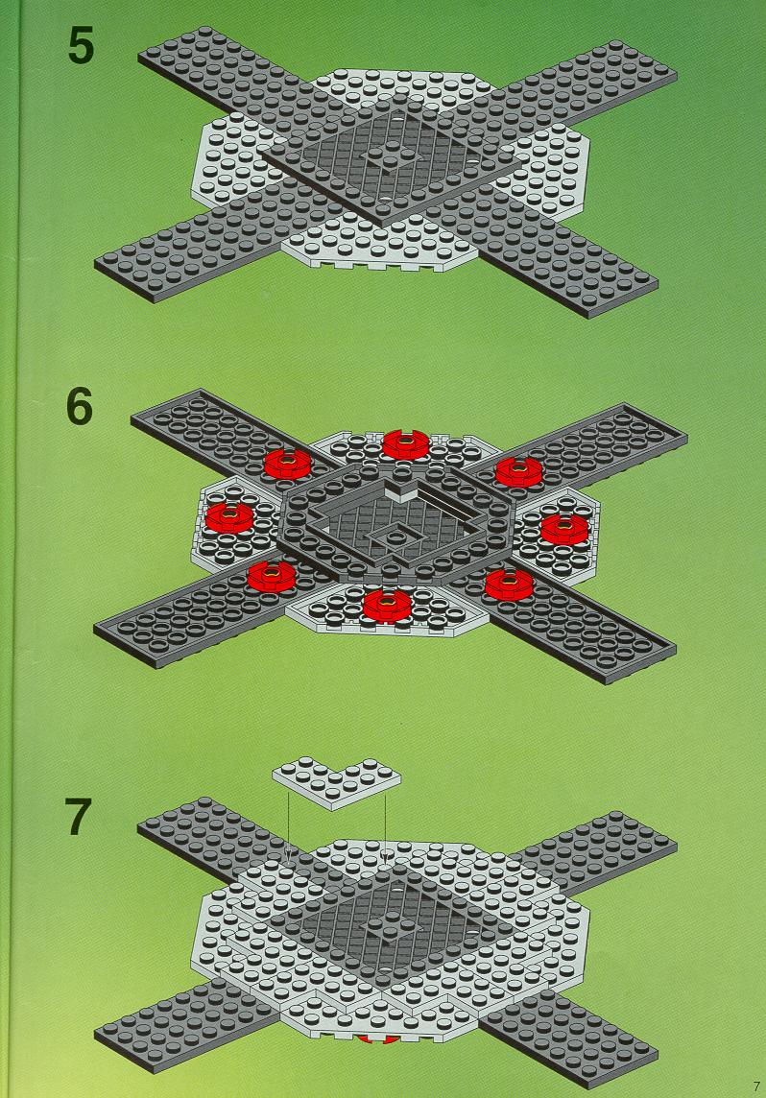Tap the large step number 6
80,407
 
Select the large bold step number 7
79,817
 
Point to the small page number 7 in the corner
755,1086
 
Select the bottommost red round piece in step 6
387,605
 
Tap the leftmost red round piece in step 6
229,517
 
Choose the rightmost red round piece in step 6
565,529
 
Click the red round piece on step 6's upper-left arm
288,463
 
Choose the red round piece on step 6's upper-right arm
519,472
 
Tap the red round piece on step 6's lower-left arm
273,576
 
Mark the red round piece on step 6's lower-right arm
509,584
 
